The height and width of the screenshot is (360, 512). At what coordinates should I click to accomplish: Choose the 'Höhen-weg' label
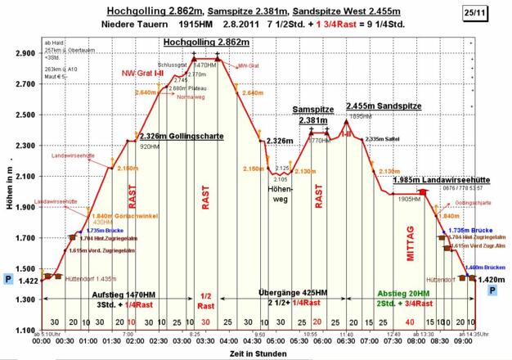(280, 194)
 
